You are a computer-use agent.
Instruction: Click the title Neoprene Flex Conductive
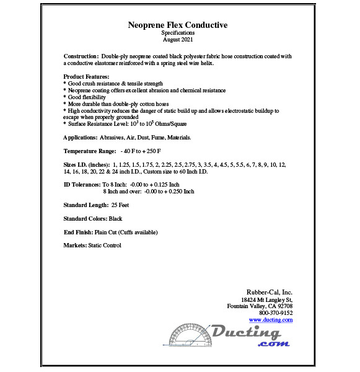click(178, 25)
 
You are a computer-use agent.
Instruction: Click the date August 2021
click(178, 40)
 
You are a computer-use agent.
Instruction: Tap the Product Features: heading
click(87, 76)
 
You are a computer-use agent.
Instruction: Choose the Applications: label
click(80, 137)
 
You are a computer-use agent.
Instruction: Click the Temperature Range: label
click(90, 151)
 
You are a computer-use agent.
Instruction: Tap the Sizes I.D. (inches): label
click(86, 164)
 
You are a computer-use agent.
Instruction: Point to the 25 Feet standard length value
click(121, 205)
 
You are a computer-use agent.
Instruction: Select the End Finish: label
click(78, 232)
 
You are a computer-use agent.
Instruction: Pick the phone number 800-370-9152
click(276, 313)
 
